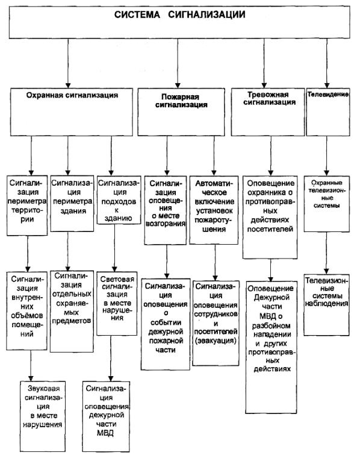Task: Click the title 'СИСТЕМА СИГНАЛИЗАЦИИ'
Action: tap(179, 14)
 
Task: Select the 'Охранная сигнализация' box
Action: tap(72, 112)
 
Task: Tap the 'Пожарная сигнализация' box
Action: tap(181, 112)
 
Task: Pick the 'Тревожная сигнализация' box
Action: tap(268, 112)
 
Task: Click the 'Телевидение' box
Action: tap(328, 112)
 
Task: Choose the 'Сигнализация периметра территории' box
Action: tap(27, 205)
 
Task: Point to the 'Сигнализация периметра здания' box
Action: tap(72, 203)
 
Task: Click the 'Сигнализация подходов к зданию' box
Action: tap(119, 200)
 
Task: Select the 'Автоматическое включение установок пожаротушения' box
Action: tap(214, 210)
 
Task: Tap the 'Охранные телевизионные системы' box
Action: tap(327, 204)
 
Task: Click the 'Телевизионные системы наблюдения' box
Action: tap(326, 305)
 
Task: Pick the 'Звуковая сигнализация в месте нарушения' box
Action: tap(43, 416)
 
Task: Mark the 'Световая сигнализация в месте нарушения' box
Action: tap(117, 303)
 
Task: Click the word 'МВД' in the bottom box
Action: tap(105, 433)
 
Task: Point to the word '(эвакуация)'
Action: tap(216, 340)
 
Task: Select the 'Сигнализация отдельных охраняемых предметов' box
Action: tap(72, 312)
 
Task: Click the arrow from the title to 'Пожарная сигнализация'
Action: tap(178, 63)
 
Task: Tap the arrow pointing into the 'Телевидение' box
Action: tap(327, 63)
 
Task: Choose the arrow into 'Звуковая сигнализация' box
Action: tap(31, 365)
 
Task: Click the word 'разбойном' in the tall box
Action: tap(272, 325)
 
